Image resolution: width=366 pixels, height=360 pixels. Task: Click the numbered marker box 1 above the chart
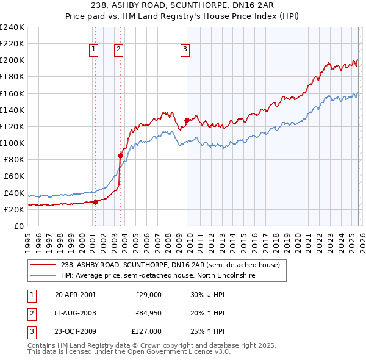[95, 50]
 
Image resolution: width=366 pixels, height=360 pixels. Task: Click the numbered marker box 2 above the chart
[118, 50]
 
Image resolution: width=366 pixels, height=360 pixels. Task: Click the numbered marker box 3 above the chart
[184, 50]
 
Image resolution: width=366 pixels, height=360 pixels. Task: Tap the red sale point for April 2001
[96, 202]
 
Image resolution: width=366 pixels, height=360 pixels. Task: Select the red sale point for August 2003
[120, 156]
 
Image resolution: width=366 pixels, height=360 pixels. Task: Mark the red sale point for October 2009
[187, 121]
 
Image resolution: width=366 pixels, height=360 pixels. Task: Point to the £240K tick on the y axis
[12, 27]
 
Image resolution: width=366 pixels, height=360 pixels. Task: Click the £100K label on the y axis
[12, 143]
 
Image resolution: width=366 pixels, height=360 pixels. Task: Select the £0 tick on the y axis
[18, 226]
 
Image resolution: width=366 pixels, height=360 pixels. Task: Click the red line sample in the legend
[43, 265]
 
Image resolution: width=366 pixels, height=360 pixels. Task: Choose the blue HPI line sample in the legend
[43, 276]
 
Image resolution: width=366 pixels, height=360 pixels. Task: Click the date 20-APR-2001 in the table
[75, 295]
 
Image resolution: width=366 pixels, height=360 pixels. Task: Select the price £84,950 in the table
[149, 313]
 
